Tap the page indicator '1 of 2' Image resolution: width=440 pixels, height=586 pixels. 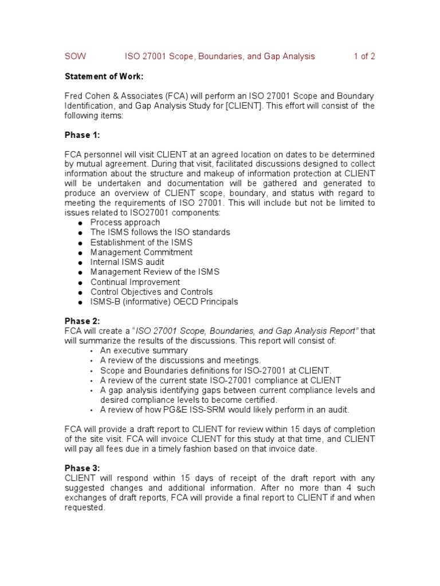(364, 56)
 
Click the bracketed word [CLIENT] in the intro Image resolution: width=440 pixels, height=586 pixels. (239, 105)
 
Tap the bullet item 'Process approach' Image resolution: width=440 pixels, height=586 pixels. (125, 223)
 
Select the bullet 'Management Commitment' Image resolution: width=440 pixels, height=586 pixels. (141, 252)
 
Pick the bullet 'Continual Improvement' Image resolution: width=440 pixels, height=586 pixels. (135, 282)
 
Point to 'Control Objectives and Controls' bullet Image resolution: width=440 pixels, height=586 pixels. (151, 292)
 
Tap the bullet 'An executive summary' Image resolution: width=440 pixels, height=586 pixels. (144, 351)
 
